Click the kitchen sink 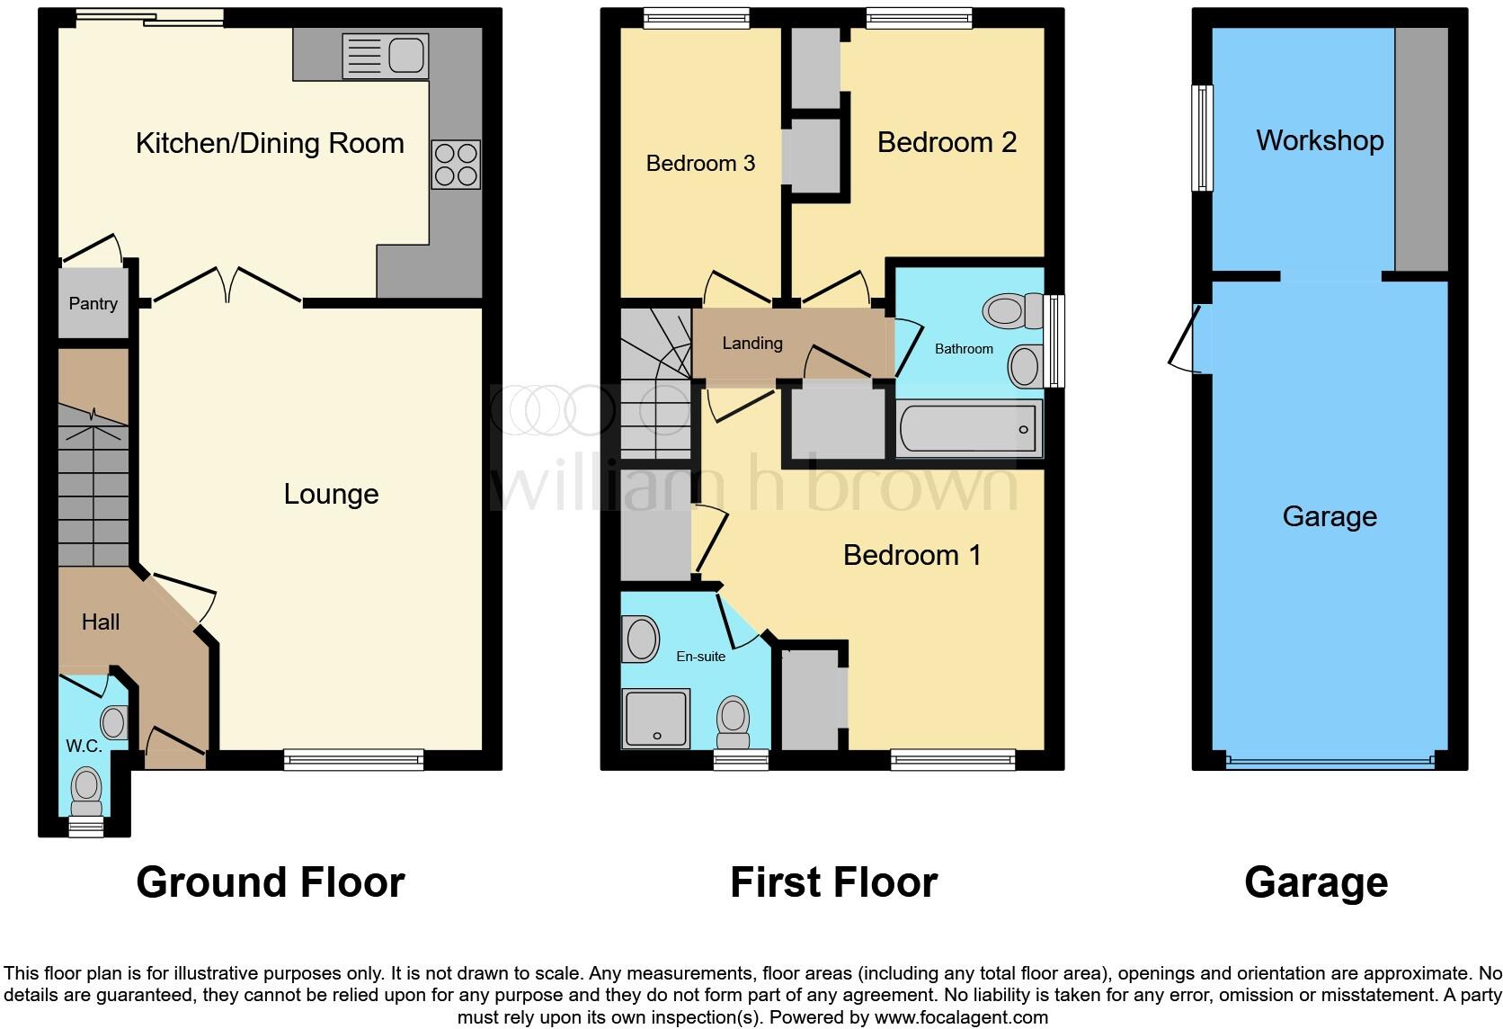tap(385, 57)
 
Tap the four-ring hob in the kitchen tap(456, 165)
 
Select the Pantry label tap(93, 304)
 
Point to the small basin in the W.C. tap(114, 721)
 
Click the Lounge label tap(331, 494)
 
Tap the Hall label tap(100, 622)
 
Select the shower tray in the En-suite tap(656, 718)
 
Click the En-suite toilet tap(734, 722)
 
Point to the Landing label tap(752, 343)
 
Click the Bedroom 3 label tap(700, 163)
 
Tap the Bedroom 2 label tap(947, 142)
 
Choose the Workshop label tap(1320, 140)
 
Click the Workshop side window tap(1202, 138)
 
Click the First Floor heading tap(833, 882)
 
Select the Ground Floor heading tap(270, 882)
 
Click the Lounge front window tap(353, 760)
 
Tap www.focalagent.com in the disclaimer tap(960, 1017)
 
